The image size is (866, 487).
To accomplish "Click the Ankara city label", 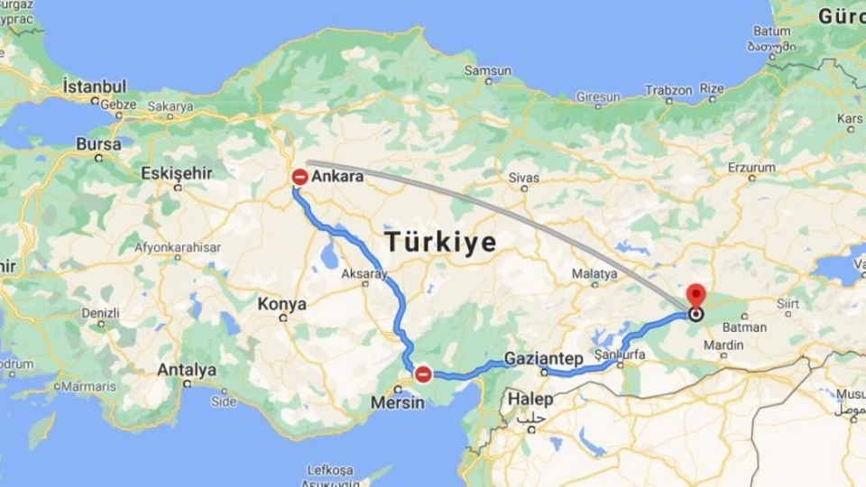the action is coord(337,177).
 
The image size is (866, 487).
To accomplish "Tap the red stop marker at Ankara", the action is coord(300,178).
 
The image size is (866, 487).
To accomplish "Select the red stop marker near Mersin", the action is coord(422,374).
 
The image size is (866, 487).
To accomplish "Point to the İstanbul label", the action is coord(95,87).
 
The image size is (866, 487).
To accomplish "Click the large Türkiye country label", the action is coord(440,242).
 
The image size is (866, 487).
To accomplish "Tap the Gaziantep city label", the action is coord(540,357).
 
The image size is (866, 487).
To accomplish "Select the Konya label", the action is coord(282,304).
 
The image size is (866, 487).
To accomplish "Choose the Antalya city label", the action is coord(187,370).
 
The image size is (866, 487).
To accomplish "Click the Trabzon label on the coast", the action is coord(668,90).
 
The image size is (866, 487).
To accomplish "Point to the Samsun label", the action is coord(487,70).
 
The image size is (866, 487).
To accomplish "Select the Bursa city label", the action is coord(98,144).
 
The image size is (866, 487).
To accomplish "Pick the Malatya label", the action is coord(594,273).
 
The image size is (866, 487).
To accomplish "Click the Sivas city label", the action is coord(523,178).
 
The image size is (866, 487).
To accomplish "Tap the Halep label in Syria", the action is coord(530,399).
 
